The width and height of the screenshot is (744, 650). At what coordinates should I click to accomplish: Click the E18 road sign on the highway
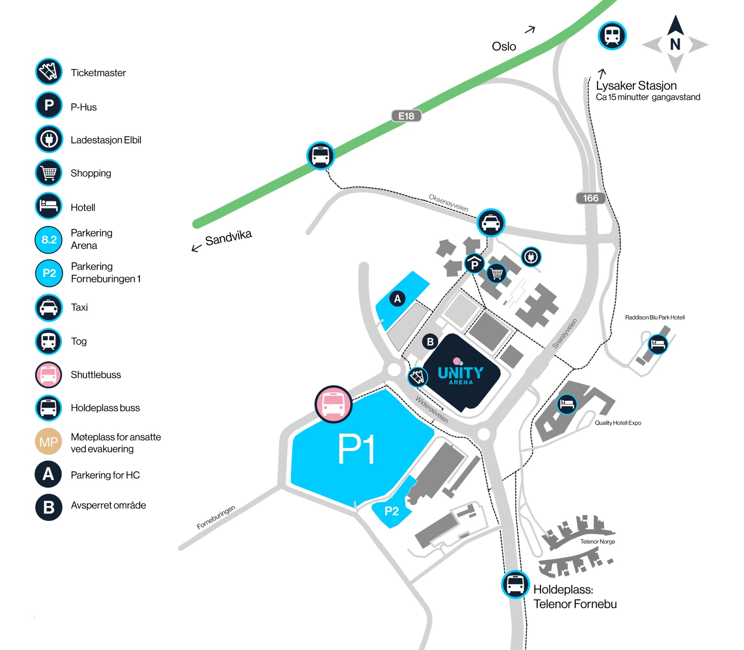406,116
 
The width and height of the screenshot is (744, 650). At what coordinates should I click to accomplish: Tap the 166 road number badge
591,198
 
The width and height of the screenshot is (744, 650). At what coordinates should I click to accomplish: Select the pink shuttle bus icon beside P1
333,404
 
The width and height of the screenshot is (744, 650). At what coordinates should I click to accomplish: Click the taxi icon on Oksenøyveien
491,223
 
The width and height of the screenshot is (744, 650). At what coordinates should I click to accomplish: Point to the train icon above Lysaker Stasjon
612,36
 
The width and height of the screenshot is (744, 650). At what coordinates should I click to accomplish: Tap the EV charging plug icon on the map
531,257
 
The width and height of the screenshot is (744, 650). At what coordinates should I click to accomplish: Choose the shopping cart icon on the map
496,273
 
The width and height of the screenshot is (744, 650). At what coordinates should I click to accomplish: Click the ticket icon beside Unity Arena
418,377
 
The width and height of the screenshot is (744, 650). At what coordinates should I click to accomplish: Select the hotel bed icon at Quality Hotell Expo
567,404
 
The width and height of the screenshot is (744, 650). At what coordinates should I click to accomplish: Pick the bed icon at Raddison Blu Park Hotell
658,344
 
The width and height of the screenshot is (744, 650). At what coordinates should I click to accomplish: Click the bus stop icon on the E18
320,155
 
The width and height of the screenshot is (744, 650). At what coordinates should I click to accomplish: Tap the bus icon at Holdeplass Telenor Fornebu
515,584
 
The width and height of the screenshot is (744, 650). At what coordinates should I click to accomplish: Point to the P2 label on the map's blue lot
391,511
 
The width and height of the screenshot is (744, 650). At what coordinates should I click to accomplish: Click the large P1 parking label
356,448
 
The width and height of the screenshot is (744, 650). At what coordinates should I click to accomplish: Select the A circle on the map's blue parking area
397,298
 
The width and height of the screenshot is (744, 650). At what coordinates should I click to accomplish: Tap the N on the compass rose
675,45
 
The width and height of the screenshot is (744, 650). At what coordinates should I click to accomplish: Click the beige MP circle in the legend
48,441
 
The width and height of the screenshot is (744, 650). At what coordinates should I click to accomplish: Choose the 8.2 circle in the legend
49,240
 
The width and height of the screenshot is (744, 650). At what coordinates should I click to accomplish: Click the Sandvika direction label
229,238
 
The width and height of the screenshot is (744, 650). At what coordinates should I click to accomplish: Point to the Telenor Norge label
598,541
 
